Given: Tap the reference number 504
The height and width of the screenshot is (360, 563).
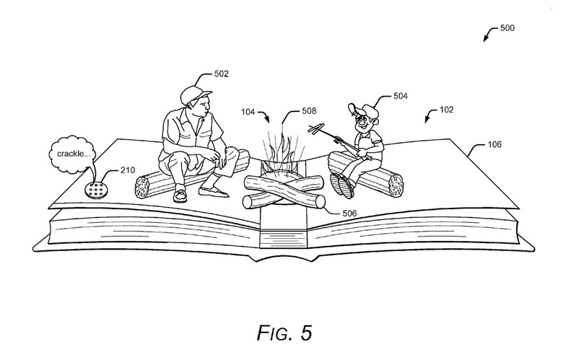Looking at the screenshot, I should tap(401, 95).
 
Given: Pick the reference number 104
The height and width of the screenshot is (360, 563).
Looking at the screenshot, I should tap(248, 112).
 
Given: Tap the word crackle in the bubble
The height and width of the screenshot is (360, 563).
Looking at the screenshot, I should tap(70, 154).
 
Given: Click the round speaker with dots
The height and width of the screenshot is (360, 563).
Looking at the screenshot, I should tap(95, 190).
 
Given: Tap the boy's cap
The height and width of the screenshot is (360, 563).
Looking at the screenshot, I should tap(361, 108).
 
